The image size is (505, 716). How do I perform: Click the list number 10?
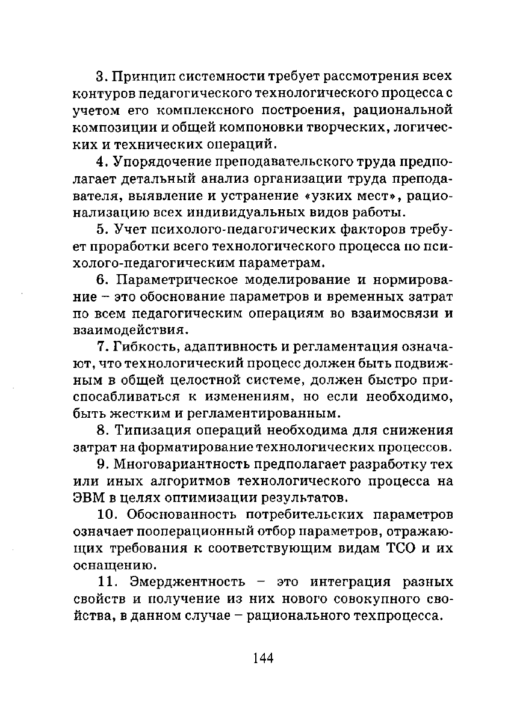107,516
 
